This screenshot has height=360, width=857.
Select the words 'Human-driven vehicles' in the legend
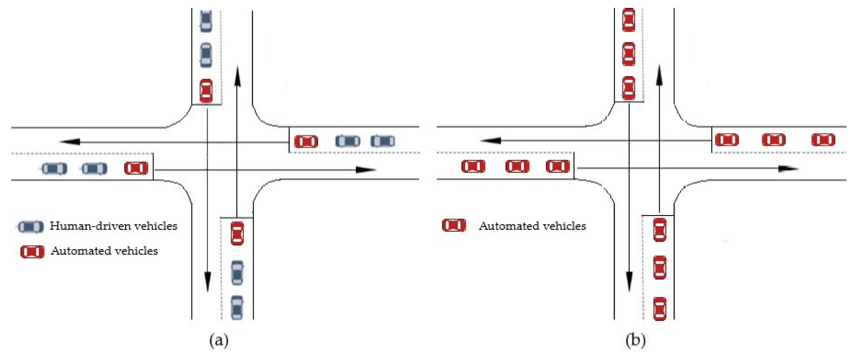[x=113, y=226]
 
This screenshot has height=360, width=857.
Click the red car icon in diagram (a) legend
[x=32, y=252]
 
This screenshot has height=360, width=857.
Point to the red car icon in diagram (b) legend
[x=454, y=225]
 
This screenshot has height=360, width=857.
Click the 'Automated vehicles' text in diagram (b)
[x=532, y=226]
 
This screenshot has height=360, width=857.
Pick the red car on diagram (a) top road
[x=206, y=91]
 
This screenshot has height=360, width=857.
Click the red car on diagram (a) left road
[x=136, y=168]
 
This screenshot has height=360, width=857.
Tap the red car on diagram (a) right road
[x=306, y=141]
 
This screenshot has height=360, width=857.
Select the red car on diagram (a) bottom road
[x=237, y=233]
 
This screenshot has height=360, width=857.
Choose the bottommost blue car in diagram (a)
[x=237, y=307]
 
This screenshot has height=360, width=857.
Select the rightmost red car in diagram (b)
[x=823, y=140]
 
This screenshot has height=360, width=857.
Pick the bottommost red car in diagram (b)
[x=660, y=308]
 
